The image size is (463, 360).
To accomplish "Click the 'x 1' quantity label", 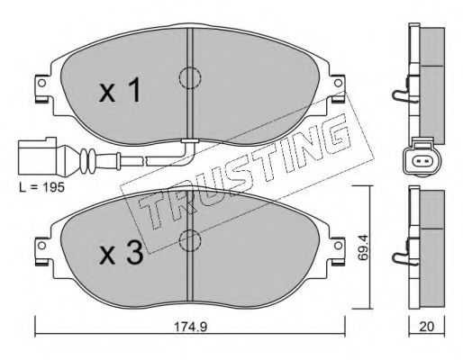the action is coord(120,90).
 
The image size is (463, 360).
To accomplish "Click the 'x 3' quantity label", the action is coord(122,254).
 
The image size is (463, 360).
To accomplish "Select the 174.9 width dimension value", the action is coord(191,327).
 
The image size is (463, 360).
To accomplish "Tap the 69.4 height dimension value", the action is coord(363,247).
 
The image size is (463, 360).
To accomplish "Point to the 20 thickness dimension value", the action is coord(427,327).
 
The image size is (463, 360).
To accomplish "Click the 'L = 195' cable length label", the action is coord(41,187).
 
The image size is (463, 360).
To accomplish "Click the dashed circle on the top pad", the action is coord(190,77).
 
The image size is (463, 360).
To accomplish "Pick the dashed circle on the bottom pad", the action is coord(190,240).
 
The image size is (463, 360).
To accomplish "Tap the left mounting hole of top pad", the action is coord(41,83).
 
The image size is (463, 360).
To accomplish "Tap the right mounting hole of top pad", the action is coord(338,83).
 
